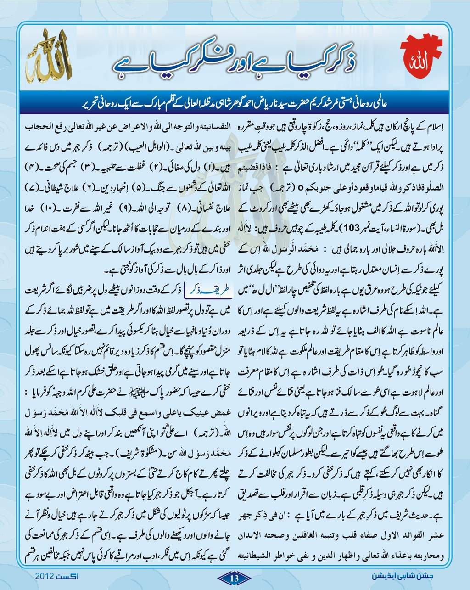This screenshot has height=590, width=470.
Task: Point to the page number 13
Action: [x=234, y=578]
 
